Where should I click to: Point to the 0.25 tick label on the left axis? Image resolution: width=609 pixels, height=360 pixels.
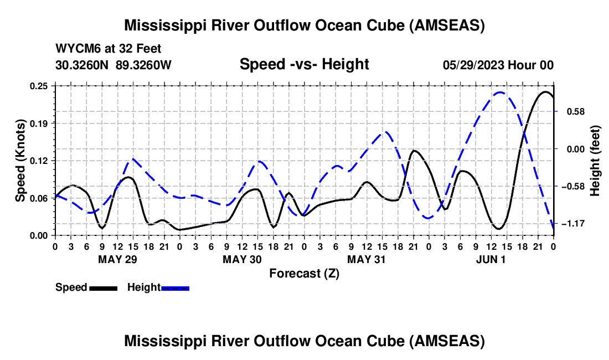point(39,86)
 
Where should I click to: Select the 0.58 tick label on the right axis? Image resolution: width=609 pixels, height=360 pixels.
point(576,112)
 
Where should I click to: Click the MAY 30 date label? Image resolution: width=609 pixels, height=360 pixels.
point(242,259)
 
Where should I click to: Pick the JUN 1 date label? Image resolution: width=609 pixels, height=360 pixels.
point(491,259)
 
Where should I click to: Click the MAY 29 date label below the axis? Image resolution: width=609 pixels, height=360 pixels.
point(117,259)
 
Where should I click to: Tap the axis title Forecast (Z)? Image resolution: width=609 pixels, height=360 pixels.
point(304,274)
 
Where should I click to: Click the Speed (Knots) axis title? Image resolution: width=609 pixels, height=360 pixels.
point(20,161)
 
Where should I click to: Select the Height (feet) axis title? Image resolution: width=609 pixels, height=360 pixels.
point(595,161)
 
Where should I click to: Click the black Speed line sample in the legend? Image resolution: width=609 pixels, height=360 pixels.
point(104,288)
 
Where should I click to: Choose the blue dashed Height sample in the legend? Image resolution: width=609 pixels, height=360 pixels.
point(175,288)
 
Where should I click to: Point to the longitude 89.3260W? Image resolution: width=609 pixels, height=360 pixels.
point(143,65)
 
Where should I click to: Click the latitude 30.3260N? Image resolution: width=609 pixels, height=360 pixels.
point(82,65)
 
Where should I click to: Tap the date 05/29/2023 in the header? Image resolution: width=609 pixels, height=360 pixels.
point(473,65)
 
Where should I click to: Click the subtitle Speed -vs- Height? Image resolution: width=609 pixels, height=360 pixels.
point(304,64)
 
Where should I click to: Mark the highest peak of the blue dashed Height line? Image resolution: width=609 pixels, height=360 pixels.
point(500,92)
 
